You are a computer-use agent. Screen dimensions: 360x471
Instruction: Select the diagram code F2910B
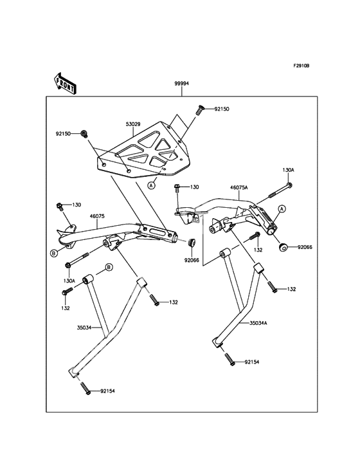tap(301, 66)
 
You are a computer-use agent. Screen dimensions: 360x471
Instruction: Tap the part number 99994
tap(182, 84)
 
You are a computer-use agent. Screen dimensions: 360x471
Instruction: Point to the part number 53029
tap(134, 124)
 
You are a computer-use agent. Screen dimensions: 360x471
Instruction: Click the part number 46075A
tap(239, 187)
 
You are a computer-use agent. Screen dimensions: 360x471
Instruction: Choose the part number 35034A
tap(258, 323)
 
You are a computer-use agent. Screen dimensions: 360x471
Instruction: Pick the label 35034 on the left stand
tap(84, 328)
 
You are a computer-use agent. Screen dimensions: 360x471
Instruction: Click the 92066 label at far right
tap(305, 248)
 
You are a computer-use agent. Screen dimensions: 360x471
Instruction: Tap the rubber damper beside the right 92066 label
tap(283, 248)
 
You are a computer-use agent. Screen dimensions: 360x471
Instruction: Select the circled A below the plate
tap(152, 185)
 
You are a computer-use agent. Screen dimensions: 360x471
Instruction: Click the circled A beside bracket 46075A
tap(282, 208)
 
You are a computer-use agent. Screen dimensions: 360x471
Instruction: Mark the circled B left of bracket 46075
tap(53, 254)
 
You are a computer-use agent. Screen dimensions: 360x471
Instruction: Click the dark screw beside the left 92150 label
tap(84, 134)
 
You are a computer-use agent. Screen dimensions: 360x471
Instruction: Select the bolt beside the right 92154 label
tap(229, 359)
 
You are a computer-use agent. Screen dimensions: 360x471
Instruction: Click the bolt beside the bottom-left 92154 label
tap(85, 388)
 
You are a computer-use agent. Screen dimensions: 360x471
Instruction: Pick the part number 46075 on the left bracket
tap(96, 216)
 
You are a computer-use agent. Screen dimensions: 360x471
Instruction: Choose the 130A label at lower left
tap(69, 281)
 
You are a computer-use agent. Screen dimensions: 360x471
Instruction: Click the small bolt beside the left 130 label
tap(59, 206)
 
